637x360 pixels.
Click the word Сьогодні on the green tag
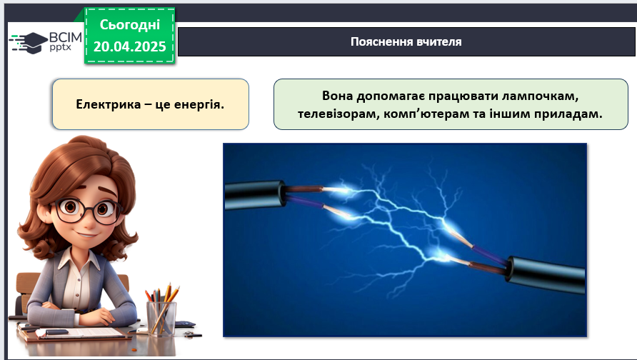[x=129, y=25]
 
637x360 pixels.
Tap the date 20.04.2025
[x=129, y=46]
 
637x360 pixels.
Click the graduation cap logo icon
[x=28, y=43]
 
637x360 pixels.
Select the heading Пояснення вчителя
[x=406, y=42]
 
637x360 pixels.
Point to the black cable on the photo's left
[x=255, y=195]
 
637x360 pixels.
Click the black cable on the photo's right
[x=546, y=274]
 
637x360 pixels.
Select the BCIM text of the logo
[x=66, y=38]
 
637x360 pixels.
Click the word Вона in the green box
[x=337, y=96]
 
